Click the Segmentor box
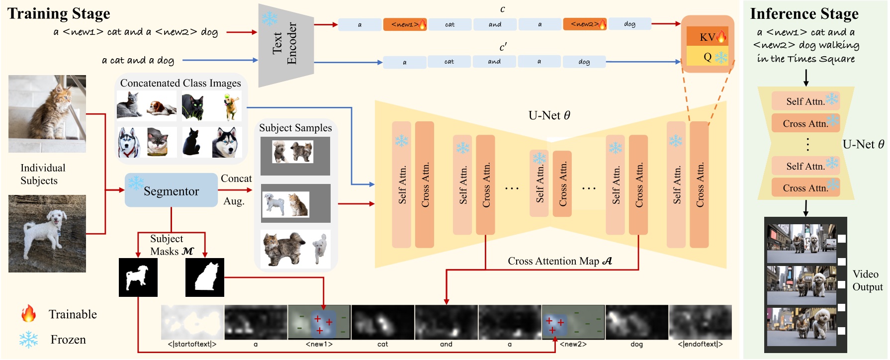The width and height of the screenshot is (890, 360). coord(171,190)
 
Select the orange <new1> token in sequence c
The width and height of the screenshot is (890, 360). coord(405,24)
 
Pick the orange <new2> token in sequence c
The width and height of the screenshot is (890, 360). coord(585,24)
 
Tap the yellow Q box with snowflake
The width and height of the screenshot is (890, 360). coord(707,57)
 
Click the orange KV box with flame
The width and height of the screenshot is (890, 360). coord(707,36)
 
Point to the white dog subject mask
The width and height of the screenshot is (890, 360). coord(138,277)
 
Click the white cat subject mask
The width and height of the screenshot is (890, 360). coord(204,277)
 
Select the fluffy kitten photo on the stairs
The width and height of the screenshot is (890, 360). coord(47,113)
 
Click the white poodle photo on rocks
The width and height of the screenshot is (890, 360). coord(47,233)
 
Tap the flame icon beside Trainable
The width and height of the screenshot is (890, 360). coord(28,314)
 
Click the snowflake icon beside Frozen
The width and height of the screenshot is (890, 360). coord(28,340)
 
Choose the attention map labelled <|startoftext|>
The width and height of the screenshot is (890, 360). coord(192,322)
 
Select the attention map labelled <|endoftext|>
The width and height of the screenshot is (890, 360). coord(700,322)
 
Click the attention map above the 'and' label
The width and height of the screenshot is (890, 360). coord(446,322)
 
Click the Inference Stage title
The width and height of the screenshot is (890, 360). coord(804,14)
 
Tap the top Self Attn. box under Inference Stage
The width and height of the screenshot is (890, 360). coord(805,101)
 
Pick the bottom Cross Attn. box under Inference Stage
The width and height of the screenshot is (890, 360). coord(805,188)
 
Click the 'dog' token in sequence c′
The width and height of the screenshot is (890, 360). coord(584,62)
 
